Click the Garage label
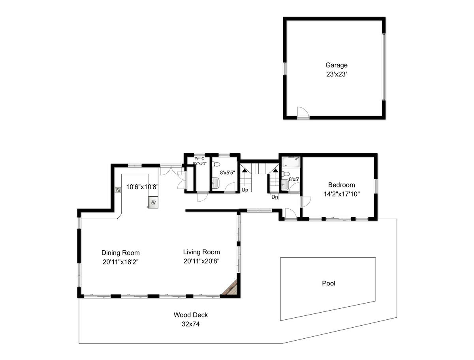click(336, 65)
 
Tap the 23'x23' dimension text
click(336, 75)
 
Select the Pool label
click(329, 283)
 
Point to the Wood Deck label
click(190, 315)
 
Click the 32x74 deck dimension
click(190, 324)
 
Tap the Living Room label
click(201, 252)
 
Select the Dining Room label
click(120, 253)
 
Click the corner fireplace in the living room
click(232, 288)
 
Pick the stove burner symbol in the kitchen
click(118, 190)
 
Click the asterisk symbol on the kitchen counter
click(153, 202)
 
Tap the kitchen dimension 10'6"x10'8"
click(142, 187)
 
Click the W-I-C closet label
click(199, 159)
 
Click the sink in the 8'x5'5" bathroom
click(215, 183)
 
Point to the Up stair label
click(245, 190)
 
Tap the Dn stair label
click(275, 197)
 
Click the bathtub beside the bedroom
click(291, 162)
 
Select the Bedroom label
click(341, 185)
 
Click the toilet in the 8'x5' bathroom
click(286, 174)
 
